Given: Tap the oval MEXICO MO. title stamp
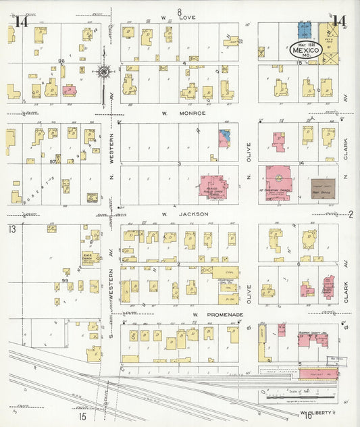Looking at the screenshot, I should [302, 49].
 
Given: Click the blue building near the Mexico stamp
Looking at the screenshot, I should [305, 29].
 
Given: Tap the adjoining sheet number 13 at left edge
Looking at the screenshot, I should [11, 230].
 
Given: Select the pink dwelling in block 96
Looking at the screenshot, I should [69, 89].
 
